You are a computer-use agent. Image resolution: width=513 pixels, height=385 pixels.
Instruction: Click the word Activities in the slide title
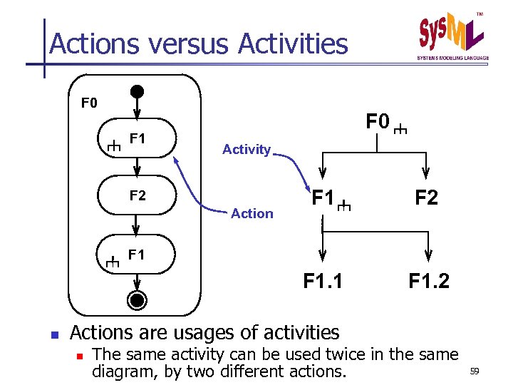click(293, 44)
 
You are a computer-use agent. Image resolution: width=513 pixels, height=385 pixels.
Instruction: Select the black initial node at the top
click(137, 92)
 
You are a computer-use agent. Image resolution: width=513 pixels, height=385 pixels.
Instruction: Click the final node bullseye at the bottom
click(138, 299)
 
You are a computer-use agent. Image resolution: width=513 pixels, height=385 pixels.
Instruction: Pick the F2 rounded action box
click(136, 195)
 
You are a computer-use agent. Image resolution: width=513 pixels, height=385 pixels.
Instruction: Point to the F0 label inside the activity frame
click(89, 104)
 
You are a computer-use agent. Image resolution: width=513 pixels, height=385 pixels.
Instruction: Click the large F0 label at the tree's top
click(378, 122)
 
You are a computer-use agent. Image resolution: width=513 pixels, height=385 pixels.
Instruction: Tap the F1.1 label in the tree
click(323, 282)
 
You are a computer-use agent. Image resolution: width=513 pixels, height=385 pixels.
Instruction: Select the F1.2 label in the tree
click(429, 282)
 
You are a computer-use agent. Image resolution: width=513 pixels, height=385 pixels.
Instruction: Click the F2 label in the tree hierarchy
click(426, 197)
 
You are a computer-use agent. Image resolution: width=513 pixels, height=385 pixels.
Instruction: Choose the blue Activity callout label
click(247, 150)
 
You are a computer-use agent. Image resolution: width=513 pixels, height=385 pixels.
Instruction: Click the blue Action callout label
click(252, 213)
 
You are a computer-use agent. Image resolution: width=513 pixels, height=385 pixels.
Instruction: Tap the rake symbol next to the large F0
click(400, 130)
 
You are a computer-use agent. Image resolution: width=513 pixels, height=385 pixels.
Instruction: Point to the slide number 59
click(476, 371)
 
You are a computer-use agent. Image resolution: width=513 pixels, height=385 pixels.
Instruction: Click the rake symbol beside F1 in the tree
click(344, 206)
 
